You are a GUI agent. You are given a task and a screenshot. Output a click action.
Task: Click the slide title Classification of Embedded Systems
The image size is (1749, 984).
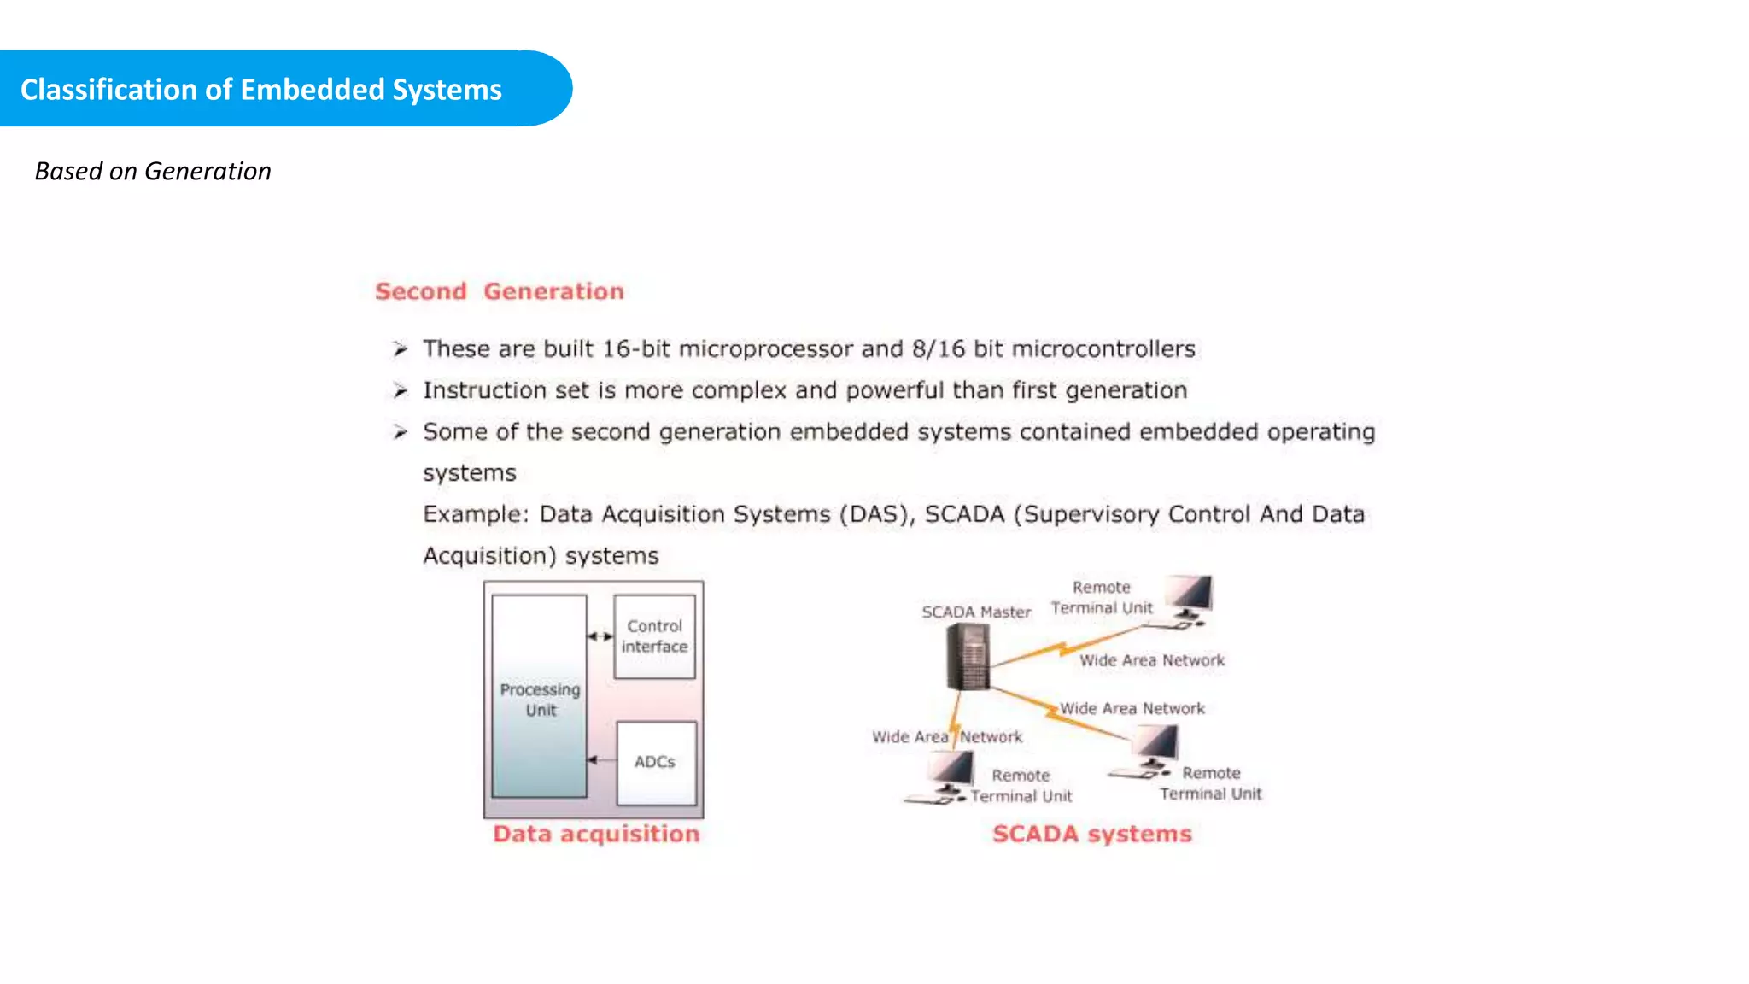[260, 90]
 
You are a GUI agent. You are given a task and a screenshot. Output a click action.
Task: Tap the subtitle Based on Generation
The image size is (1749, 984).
[153, 171]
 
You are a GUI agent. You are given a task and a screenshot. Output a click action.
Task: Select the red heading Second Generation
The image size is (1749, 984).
[500, 291]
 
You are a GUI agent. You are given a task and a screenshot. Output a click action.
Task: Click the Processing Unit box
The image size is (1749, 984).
[540, 697]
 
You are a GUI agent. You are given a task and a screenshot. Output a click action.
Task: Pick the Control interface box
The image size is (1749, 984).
[654, 636]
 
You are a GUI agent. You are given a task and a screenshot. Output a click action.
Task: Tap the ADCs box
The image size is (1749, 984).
[655, 762]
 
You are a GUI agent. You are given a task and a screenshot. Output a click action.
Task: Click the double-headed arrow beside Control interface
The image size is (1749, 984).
[600, 636]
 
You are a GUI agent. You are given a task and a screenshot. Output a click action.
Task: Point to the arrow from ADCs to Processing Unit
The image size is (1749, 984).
[601, 760]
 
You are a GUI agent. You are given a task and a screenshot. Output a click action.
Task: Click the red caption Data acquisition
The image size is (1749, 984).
[596, 834]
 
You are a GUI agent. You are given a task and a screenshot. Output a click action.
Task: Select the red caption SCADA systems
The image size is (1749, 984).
[1091, 834]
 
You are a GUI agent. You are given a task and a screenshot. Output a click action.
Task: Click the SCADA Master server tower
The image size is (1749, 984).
[968, 656]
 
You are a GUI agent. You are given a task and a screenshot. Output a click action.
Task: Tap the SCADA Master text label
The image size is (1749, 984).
[976, 612]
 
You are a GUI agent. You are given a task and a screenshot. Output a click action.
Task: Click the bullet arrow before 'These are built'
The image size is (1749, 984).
[400, 348]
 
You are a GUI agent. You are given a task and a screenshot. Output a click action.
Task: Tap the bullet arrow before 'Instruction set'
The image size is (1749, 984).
[400, 390]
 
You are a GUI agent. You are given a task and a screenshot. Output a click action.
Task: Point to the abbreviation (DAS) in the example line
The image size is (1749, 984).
[875, 514]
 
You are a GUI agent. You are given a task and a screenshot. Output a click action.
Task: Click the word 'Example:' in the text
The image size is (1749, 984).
[476, 514]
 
